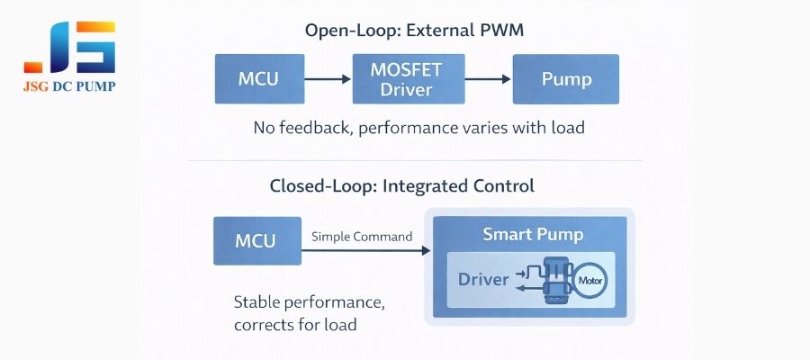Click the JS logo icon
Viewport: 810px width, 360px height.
[70, 47]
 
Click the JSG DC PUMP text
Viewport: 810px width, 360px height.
[70, 86]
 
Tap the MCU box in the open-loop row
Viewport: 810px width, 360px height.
[258, 78]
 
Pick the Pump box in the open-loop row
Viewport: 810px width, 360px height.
[566, 78]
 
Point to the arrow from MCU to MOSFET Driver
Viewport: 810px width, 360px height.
[328, 79]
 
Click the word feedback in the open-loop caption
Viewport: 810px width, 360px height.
[319, 128]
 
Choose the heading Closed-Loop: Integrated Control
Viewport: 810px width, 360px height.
[401, 186]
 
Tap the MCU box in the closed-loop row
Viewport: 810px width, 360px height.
[256, 240]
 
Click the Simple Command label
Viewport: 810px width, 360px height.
[362, 237]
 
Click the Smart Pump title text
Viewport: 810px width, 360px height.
[533, 235]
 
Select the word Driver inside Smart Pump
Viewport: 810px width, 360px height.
[483, 280]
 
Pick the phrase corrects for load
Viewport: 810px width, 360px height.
[295, 324]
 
